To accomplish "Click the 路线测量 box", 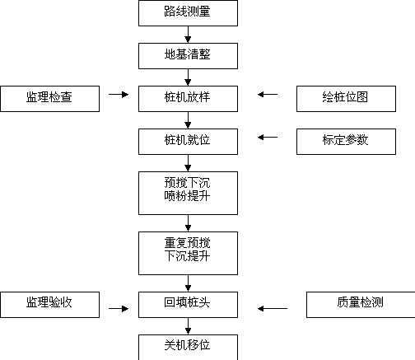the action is (188, 13).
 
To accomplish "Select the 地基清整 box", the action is (188, 56).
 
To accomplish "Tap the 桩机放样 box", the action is (188, 99).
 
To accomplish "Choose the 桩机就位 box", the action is (188, 142).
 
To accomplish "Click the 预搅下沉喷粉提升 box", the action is (188, 194).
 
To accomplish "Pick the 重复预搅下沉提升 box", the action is (188, 253).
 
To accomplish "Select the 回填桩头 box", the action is (188, 305).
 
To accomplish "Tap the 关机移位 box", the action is (188, 348).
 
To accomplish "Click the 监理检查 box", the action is (49, 99).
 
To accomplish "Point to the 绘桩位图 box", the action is (346, 99).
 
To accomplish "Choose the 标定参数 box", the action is (346, 142).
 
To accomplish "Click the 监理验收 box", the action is (49, 305).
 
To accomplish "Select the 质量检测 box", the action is (361, 305).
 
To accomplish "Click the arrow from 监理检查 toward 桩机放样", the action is (119, 95).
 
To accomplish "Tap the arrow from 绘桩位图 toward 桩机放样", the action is (268, 95).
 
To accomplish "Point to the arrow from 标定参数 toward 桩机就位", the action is (268, 138).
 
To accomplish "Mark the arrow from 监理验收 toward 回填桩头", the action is (119, 309).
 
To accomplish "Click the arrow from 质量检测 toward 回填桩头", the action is (273, 309).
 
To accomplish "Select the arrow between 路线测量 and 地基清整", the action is (188, 35).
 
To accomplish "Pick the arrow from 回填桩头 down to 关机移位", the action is (188, 326).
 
